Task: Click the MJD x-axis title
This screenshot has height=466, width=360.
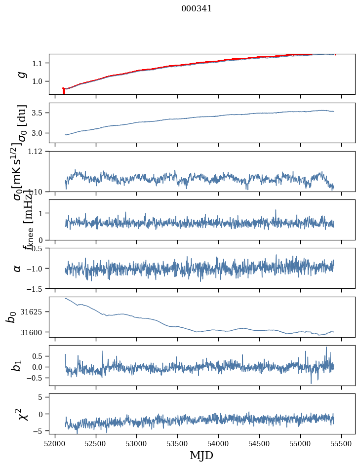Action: [x=201, y=455]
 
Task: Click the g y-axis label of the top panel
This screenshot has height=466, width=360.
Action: [x=21, y=74]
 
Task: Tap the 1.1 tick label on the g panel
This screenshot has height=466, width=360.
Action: [x=39, y=63]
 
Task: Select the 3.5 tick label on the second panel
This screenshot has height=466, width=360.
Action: [x=39, y=113]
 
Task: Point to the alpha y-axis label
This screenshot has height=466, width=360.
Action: [x=18, y=268]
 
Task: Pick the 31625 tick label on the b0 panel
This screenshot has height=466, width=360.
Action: [x=35, y=312]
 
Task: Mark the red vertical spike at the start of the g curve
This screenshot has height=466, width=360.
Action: [x=64, y=91]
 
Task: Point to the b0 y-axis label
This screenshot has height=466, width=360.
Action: [x=11, y=317]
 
